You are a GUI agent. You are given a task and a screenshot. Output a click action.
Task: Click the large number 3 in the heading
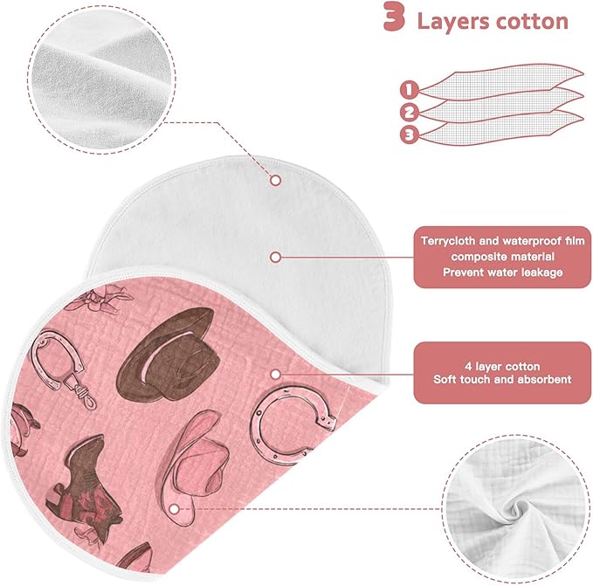click(395, 17)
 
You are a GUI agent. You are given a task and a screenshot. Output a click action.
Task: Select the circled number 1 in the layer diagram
click(409, 90)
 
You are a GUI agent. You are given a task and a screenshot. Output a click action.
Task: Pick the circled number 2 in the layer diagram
click(409, 113)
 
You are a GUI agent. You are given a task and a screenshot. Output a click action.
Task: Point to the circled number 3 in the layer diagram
click(410, 134)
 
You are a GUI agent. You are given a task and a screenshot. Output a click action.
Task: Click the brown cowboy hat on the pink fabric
click(168, 354)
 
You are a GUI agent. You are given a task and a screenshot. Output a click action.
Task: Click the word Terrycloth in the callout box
click(448, 241)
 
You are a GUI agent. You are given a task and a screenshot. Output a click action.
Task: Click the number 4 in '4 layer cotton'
click(468, 366)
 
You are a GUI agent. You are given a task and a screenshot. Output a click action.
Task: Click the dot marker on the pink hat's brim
click(174, 509)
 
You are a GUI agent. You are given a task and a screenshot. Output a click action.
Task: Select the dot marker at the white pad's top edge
click(276, 180)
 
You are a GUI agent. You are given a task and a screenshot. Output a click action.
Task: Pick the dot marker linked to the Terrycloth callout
click(276, 258)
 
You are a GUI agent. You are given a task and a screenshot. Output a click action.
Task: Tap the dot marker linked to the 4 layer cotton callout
click(276, 375)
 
